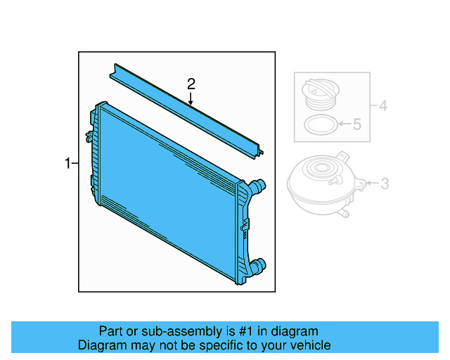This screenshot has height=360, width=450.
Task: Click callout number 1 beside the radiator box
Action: point(67,164)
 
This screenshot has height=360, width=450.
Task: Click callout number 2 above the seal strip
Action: point(191,84)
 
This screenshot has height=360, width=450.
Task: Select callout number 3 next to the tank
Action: point(385,184)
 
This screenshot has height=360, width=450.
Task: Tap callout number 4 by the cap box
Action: point(382,107)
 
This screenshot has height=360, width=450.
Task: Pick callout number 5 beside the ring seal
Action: point(356,125)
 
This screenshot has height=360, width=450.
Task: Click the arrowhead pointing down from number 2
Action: point(191,102)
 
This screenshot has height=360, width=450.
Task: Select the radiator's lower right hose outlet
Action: point(260,266)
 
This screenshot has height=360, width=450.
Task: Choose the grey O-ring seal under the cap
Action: point(320,126)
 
